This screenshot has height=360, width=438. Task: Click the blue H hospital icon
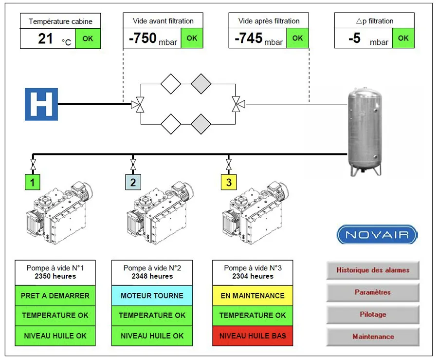[x=41, y=104]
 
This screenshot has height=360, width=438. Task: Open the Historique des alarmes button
[x=373, y=270]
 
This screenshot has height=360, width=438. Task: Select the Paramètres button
[x=373, y=292]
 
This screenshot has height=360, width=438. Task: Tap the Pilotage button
[x=373, y=314]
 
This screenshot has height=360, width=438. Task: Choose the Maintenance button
[x=373, y=337]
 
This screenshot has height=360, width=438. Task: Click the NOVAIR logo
[x=377, y=235]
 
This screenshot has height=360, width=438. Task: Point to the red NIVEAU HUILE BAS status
[x=253, y=336]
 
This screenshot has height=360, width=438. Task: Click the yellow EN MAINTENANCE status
[x=253, y=296]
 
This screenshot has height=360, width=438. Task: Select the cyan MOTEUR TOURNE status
[x=152, y=296]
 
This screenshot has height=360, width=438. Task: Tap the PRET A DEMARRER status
[x=55, y=296]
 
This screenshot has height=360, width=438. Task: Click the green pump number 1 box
[x=33, y=183]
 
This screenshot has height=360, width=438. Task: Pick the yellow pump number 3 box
[x=229, y=183]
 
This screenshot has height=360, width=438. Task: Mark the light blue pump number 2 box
[x=133, y=183]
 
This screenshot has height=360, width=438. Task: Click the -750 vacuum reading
[x=143, y=38]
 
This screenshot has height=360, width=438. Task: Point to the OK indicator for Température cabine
[x=88, y=38]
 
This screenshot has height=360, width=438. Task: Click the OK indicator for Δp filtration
[x=403, y=38]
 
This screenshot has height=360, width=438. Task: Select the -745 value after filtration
[x=248, y=38]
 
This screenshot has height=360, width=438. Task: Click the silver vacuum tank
[x=364, y=131]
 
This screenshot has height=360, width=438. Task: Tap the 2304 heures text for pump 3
[x=253, y=276]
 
